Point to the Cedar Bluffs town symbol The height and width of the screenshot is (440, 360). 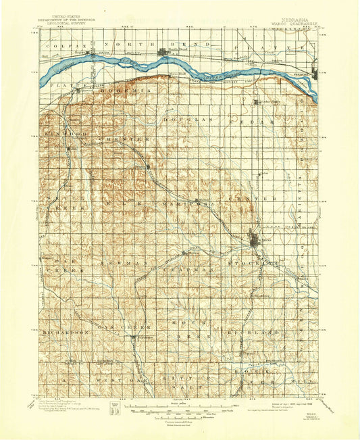pos(257,103)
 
